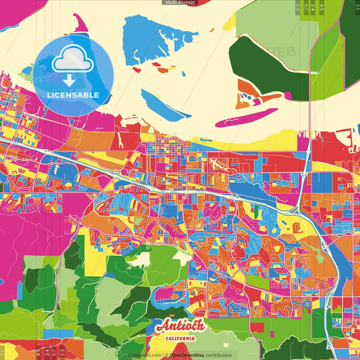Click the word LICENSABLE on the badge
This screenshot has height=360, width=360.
click(x=73, y=95)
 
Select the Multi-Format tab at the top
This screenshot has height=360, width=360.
click(x=180, y=3)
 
